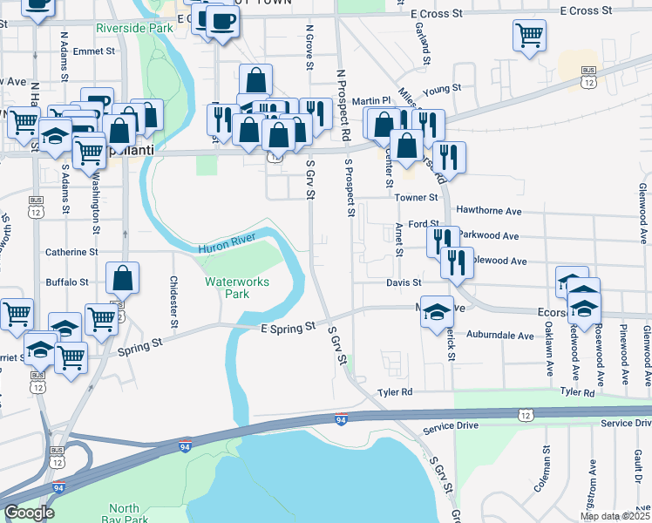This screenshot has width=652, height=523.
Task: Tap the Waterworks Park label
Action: point(237,288)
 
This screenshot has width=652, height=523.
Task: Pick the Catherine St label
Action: point(71,252)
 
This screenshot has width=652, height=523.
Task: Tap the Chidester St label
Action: point(174,302)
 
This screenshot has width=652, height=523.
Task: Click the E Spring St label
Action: point(287,328)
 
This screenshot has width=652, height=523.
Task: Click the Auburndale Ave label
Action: point(500,336)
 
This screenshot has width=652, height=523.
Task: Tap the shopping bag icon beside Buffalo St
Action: point(123,278)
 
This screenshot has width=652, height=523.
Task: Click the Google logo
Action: point(29,513)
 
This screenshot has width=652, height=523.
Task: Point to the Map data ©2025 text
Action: point(614,516)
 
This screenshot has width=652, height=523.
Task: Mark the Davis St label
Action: point(404,282)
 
